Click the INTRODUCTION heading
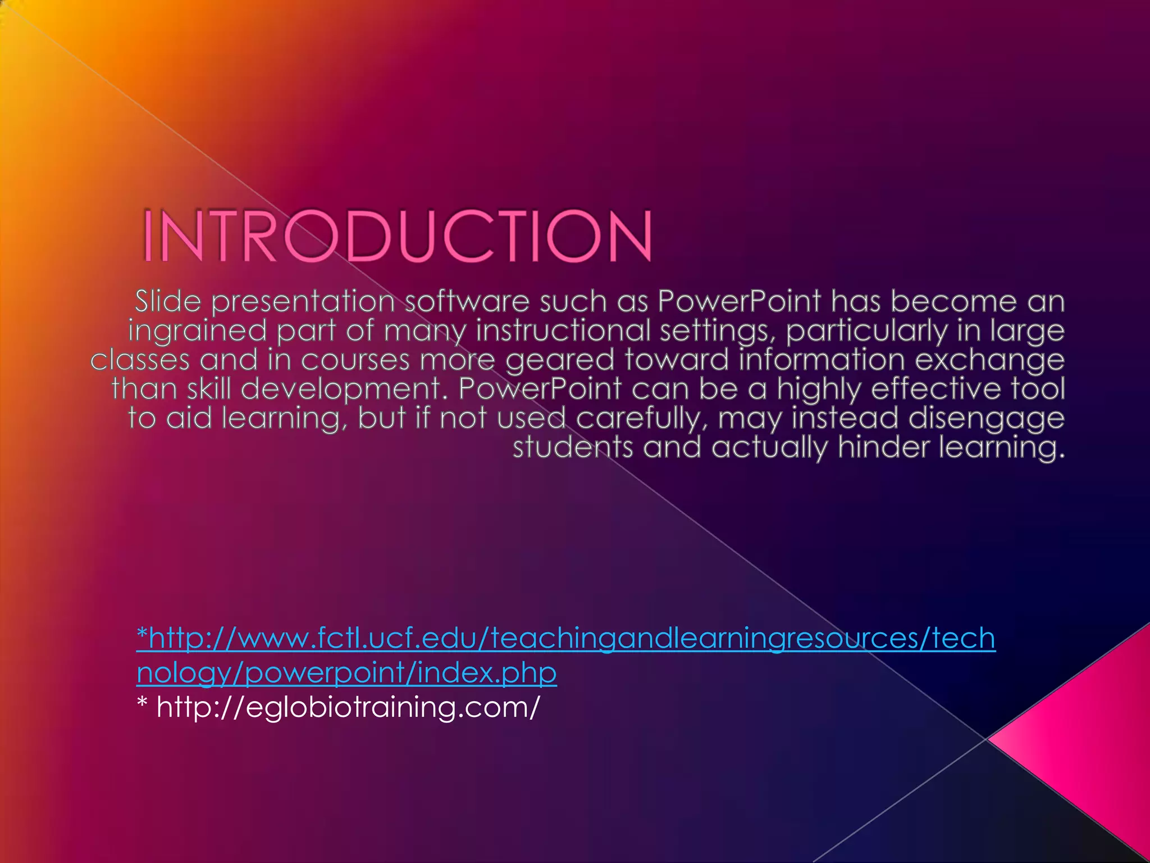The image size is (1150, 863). coord(397,236)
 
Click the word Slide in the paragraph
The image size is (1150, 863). coord(168,302)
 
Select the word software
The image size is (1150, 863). coord(467,302)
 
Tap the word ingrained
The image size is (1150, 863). coord(197,331)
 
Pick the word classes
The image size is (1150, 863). coord(140,360)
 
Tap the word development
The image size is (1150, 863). coord(344,389)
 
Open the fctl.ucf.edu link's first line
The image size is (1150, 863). coord(566,639)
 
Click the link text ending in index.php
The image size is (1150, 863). coord(346,673)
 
